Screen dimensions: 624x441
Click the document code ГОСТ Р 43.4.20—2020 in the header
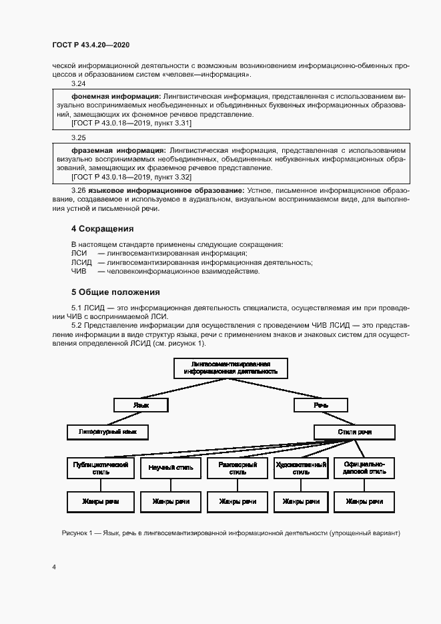(x=90, y=45)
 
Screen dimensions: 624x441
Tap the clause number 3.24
(x=79, y=83)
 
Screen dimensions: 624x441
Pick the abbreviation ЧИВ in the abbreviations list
(x=79, y=271)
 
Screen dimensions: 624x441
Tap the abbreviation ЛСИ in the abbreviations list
(x=77, y=253)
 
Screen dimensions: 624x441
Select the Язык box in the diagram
(x=141, y=404)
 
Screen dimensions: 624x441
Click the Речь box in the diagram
(x=321, y=404)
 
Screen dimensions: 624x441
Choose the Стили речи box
(x=354, y=432)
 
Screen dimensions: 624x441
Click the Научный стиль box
(x=171, y=468)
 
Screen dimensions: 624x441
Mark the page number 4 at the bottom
(x=53, y=567)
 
